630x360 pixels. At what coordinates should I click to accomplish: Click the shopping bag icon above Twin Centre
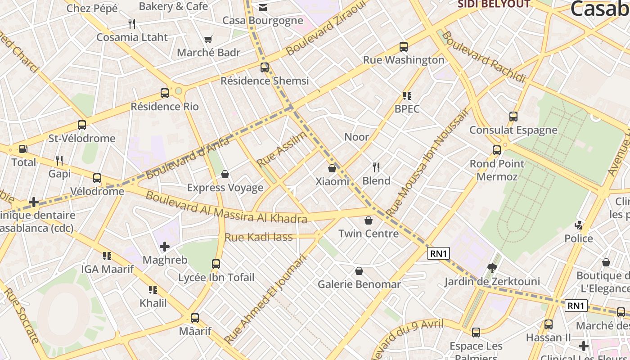[369, 220]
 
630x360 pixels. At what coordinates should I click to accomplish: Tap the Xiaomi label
[332, 181]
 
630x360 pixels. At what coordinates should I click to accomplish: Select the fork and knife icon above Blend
[376, 167]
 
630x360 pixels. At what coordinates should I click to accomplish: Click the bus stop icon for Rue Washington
[404, 47]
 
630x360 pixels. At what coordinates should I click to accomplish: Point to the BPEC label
[407, 109]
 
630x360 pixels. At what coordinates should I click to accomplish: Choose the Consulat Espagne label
[513, 130]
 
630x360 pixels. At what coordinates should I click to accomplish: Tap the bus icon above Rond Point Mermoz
[497, 150]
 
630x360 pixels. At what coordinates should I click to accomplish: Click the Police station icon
[579, 225]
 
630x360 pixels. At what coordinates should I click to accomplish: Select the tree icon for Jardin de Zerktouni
[492, 269]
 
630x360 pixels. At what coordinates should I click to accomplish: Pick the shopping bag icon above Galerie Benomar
[359, 271]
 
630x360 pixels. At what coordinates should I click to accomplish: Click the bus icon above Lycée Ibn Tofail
[216, 264]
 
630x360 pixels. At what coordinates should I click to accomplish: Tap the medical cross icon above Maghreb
[165, 247]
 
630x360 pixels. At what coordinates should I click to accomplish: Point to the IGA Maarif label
[107, 269]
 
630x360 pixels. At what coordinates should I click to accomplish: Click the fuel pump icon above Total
[23, 149]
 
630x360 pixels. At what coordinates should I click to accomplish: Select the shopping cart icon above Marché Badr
[208, 40]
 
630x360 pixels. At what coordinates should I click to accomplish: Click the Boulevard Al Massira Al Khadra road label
[226, 208]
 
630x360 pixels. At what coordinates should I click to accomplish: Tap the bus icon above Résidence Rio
[165, 93]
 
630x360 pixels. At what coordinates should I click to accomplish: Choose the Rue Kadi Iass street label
[258, 237]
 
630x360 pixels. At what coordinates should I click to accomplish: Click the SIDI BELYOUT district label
[494, 4]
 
